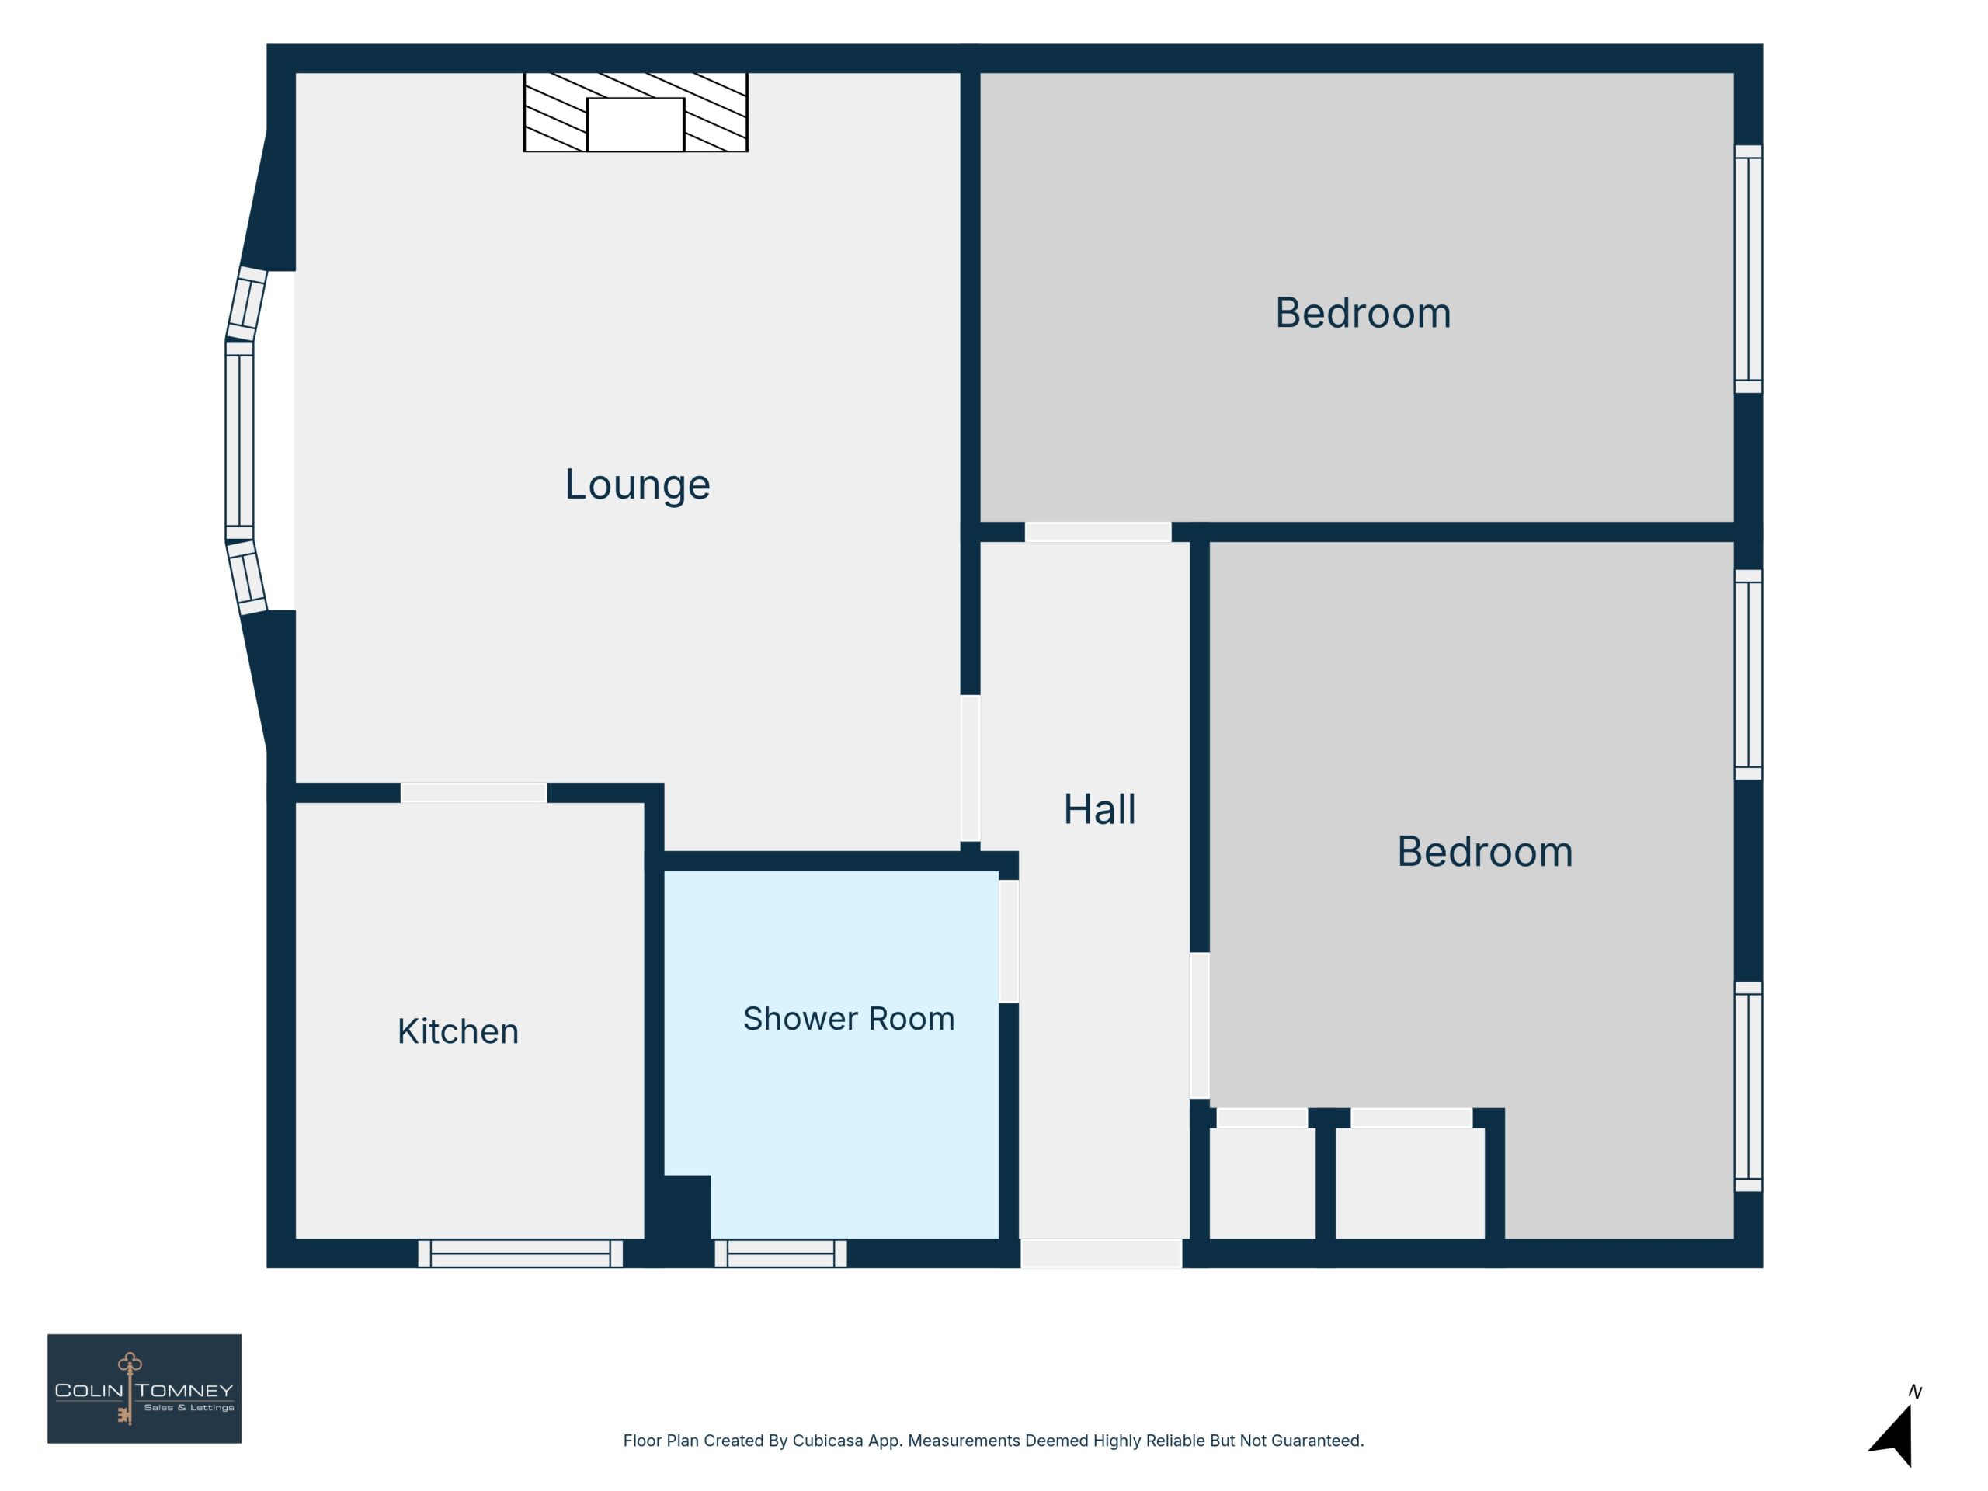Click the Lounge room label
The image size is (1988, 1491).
coord(638,485)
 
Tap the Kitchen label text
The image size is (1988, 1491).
coord(458,1030)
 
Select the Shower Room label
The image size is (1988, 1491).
coord(849,1019)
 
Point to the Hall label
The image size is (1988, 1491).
coord(1099,809)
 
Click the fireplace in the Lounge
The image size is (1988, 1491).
coord(635,113)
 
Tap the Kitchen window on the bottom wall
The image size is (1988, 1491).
coord(520,1253)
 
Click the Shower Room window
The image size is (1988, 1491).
coord(780,1253)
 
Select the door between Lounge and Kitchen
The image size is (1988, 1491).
coord(474,793)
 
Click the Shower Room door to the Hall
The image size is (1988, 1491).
coord(1009,942)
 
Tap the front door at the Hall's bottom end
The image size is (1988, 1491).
coord(1101,1253)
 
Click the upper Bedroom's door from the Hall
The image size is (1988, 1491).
coord(1098,532)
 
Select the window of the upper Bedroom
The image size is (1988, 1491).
coord(1748,269)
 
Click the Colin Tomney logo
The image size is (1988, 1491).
coord(144,1388)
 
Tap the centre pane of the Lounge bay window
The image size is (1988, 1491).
coord(239,440)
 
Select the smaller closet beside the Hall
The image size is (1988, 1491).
coord(1262,1183)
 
